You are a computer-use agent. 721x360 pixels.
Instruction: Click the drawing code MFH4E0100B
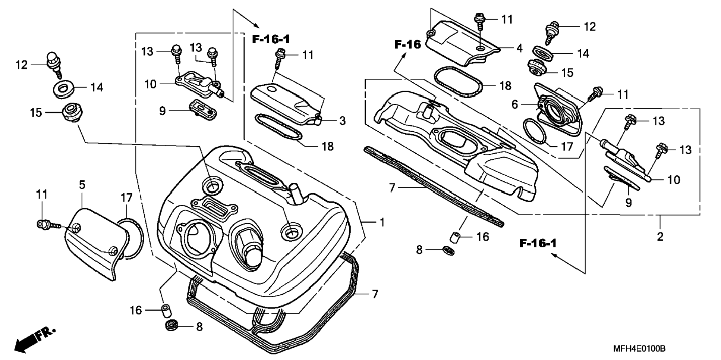pyautogui.click(x=639, y=349)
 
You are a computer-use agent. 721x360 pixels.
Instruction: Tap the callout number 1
pyautogui.click(x=382, y=222)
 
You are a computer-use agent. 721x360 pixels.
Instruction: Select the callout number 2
pyautogui.click(x=660, y=237)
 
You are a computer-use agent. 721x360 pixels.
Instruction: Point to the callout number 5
pyautogui.click(x=82, y=184)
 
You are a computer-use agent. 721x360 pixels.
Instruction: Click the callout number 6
pyautogui.click(x=514, y=104)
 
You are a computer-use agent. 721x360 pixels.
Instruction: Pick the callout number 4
pyautogui.click(x=519, y=48)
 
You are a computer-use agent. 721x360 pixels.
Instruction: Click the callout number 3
pyautogui.click(x=342, y=120)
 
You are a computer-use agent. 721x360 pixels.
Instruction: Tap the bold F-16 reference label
pyautogui.click(x=407, y=45)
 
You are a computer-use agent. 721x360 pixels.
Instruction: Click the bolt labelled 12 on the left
pyautogui.click(x=54, y=62)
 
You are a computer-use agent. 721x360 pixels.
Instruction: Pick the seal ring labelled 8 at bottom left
pyautogui.click(x=173, y=325)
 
